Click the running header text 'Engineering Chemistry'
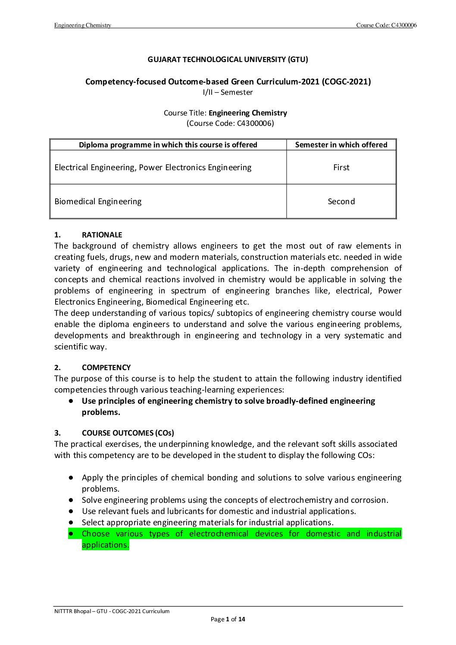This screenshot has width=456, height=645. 83,25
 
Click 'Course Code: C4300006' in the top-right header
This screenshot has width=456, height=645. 386,25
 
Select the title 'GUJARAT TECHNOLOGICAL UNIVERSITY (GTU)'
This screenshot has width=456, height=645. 228,59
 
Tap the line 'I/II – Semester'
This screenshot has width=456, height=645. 228,92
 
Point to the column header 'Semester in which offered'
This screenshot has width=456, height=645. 341,145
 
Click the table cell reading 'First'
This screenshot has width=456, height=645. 341,167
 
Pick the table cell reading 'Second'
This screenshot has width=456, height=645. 341,201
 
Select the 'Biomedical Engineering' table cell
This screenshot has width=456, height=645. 98,201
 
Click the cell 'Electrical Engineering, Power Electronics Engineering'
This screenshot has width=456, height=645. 153,167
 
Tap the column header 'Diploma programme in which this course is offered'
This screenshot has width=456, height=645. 168,145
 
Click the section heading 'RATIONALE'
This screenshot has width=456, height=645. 102,235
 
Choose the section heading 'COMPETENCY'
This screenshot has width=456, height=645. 106,368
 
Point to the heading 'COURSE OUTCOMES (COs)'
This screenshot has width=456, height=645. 128,433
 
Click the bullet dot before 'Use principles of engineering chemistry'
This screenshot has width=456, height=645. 70,401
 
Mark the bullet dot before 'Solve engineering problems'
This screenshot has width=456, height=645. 70,500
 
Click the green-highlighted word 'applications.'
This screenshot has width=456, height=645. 105,545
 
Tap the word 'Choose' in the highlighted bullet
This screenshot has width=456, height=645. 96,534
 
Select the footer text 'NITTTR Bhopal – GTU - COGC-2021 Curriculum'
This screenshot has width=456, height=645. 112,611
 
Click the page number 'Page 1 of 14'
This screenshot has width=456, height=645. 228,620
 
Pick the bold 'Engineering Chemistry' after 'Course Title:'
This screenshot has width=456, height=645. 248,113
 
